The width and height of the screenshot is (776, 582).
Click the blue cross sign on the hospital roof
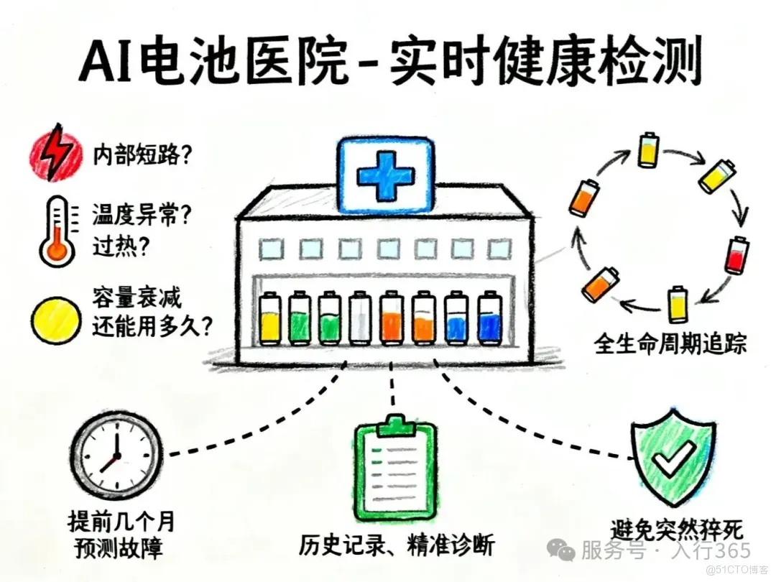coord(386,175)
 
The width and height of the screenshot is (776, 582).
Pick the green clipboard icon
coord(396,468)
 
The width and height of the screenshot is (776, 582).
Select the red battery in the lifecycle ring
coord(734,255)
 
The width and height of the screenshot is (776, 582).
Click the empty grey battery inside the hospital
coord(359,318)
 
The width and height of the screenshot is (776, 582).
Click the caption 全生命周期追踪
coord(670,344)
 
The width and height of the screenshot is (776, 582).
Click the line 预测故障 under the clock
coord(119,549)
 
